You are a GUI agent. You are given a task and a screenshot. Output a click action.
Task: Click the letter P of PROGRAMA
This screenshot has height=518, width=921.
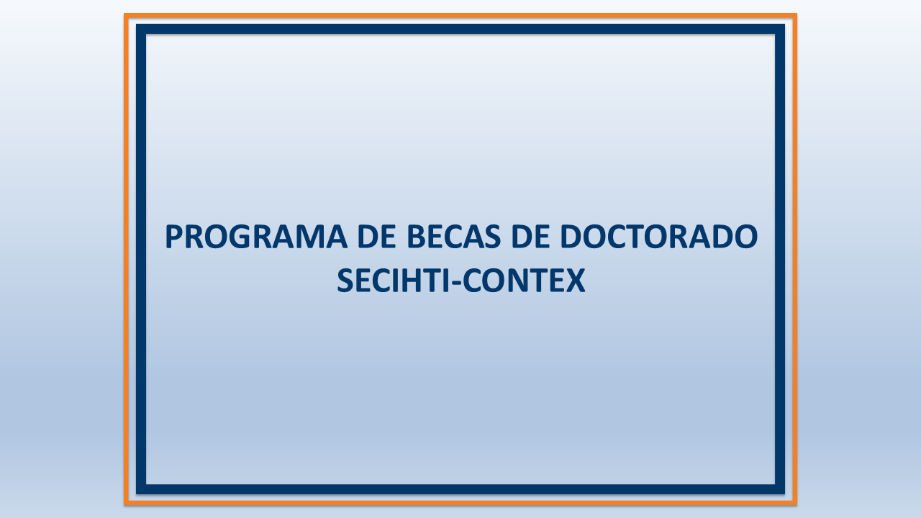174,237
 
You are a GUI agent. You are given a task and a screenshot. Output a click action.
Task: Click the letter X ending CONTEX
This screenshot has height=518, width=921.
575,281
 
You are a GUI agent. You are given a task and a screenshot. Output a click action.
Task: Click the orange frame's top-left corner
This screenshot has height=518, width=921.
126,15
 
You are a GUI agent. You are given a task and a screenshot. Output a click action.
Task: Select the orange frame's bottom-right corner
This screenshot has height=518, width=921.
795,502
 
